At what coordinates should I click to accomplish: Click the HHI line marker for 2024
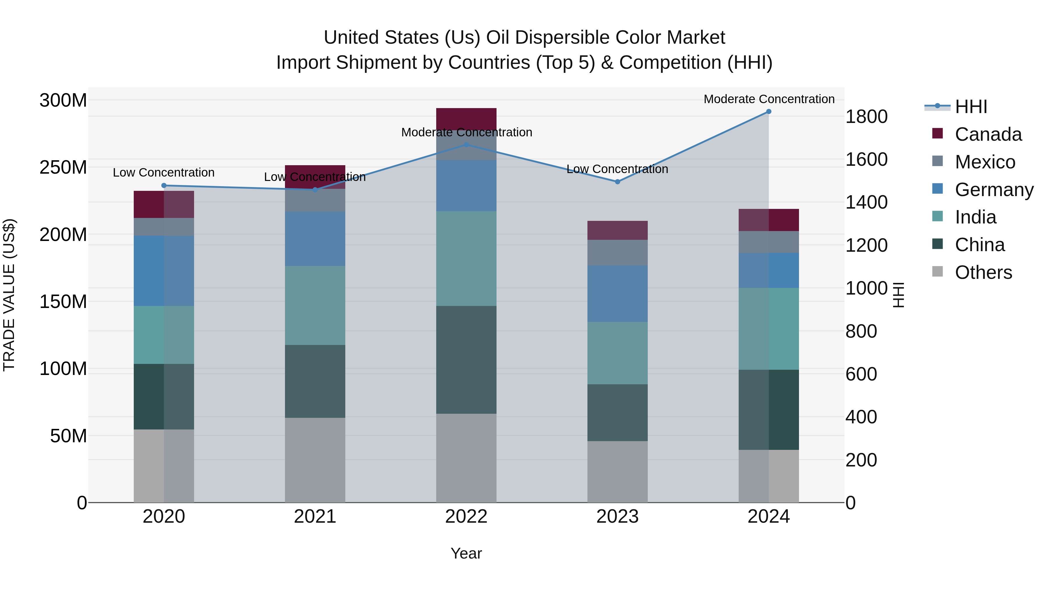click(768, 112)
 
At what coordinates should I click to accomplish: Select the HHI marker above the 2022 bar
click(466, 145)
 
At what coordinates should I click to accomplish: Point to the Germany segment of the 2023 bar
click(617, 294)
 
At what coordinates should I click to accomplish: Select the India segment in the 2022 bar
click(466, 258)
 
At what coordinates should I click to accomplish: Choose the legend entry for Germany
click(994, 190)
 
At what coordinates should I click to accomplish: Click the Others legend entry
click(983, 272)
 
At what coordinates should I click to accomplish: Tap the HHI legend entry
click(971, 107)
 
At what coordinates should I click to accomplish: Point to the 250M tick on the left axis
click(63, 167)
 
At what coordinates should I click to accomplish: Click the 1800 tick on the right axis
click(867, 117)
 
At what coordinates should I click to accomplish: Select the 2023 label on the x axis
click(617, 517)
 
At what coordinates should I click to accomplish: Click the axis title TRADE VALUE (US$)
click(9, 295)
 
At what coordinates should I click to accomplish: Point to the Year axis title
click(466, 553)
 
